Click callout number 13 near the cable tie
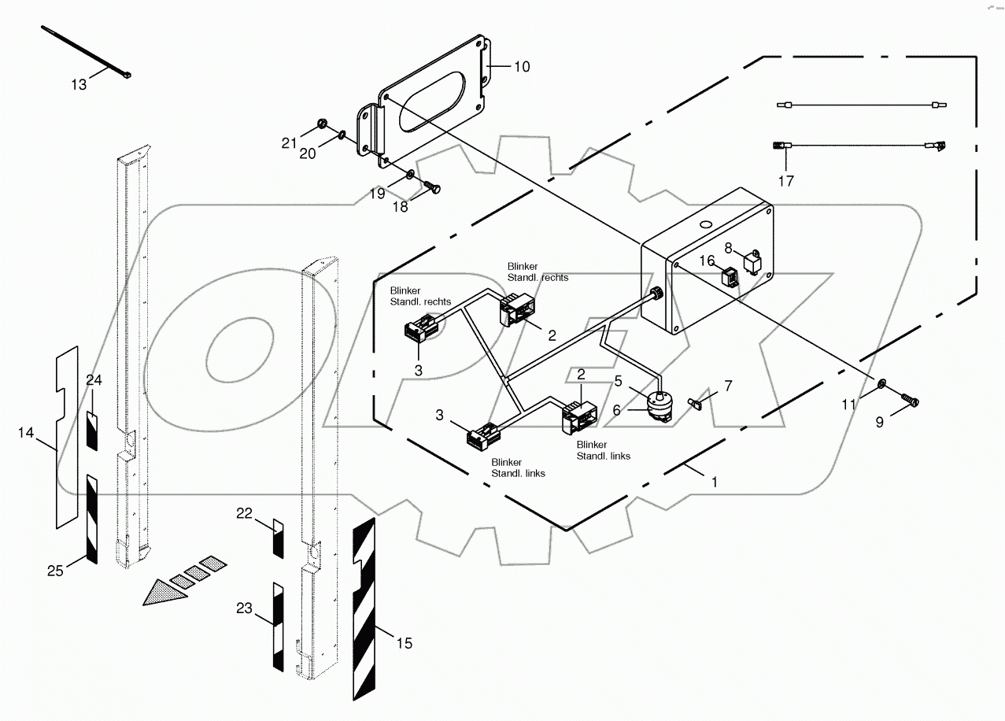[x=79, y=84]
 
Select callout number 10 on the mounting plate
[x=522, y=67]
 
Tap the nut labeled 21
[x=321, y=124]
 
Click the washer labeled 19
[x=412, y=173]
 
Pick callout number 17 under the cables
[x=785, y=181]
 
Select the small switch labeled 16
[x=729, y=278]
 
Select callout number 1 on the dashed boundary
[x=714, y=483]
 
